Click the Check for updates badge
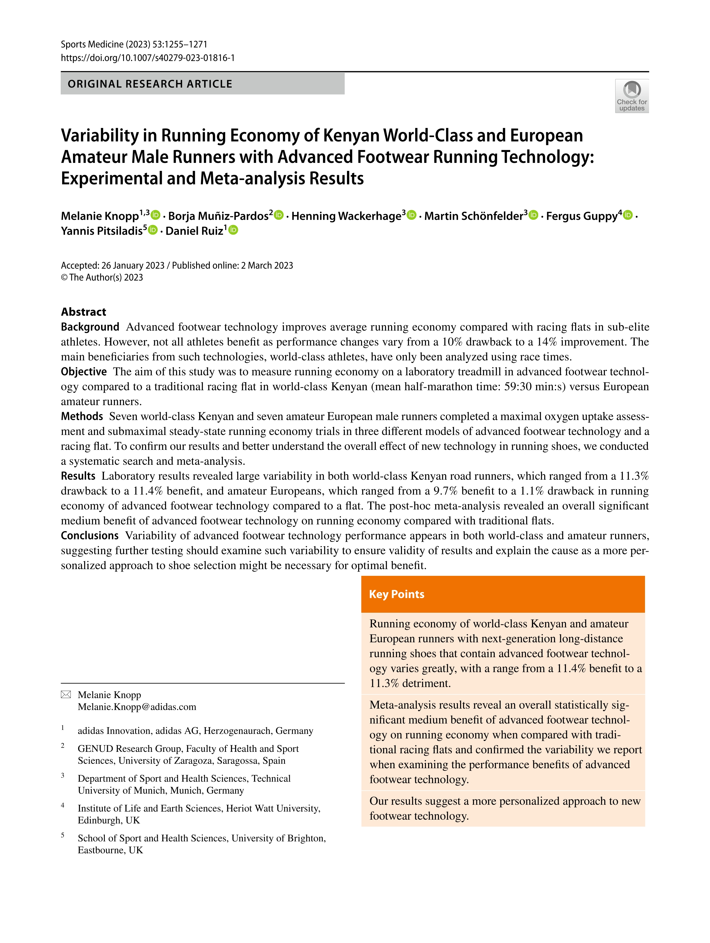pyautogui.click(x=632, y=96)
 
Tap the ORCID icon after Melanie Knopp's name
pyautogui.click(x=156, y=215)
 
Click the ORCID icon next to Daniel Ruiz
pyautogui.click(x=233, y=230)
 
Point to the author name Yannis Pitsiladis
pyautogui.click(x=101, y=231)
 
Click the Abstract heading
pyautogui.click(x=84, y=312)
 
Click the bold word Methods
pyautogui.click(x=82, y=416)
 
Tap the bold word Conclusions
pyautogui.click(x=90, y=535)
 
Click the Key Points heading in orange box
pyautogui.click(x=397, y=594)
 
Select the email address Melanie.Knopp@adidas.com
pyautogui.click(x=137, y=707)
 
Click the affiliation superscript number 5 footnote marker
pyautogui.click(x=63, y=835)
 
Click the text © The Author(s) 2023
pyautogui.click(x=102, y=278)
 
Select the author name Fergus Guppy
pyautogui.click(x=582, y=216)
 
